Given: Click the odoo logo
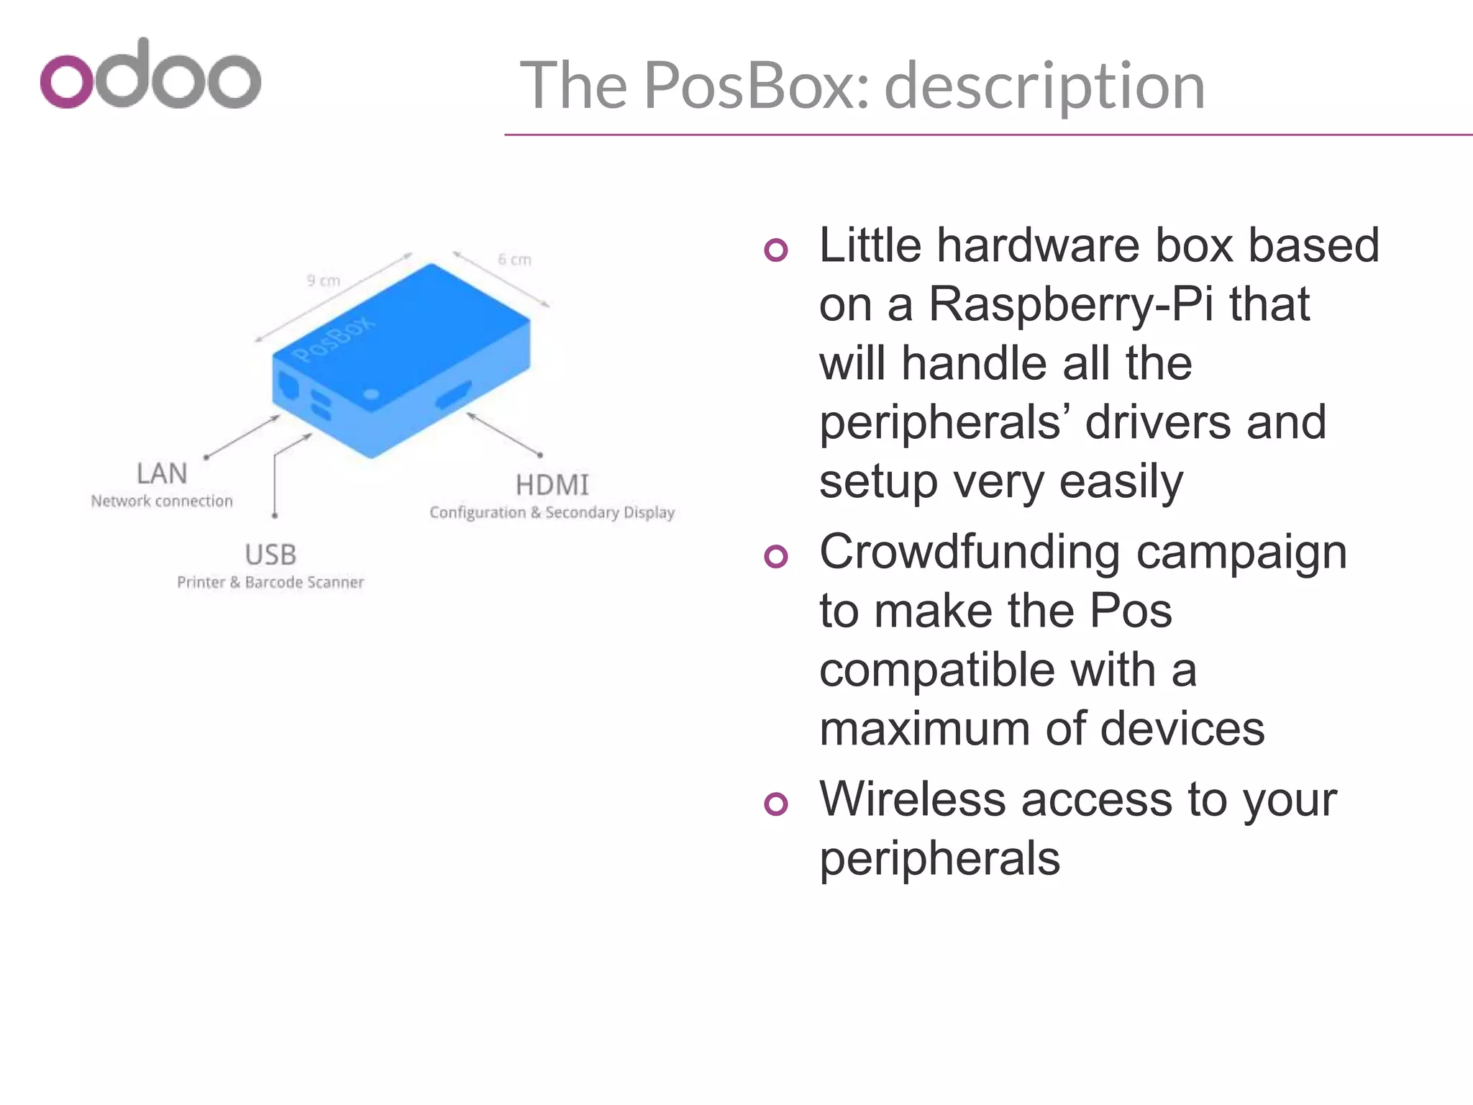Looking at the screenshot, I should [150, 74].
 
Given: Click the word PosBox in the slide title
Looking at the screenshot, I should [757, 86].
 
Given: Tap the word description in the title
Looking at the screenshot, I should [1044, 86].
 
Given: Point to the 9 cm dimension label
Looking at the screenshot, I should [323, 281].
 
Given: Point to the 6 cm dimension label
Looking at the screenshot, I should [514, 260].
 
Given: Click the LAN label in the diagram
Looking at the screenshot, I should [162, 474].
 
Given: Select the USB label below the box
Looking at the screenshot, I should [270, 555].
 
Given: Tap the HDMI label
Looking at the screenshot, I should [552, 486].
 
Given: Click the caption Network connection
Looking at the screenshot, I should [162, 501].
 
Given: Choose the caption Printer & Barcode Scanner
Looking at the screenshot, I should [270, 583].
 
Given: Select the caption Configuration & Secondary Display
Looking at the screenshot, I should [552, 513].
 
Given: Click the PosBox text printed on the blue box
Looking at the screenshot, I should [334, 339].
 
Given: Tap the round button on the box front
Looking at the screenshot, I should [371, 394].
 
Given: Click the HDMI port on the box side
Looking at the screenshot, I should [454, 395].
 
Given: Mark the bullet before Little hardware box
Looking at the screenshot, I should [776, 250].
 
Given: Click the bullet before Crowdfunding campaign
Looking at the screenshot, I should [776, 556].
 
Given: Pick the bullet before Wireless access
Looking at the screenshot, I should [776, 804].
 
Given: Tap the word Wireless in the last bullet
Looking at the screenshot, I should [912, 799].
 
